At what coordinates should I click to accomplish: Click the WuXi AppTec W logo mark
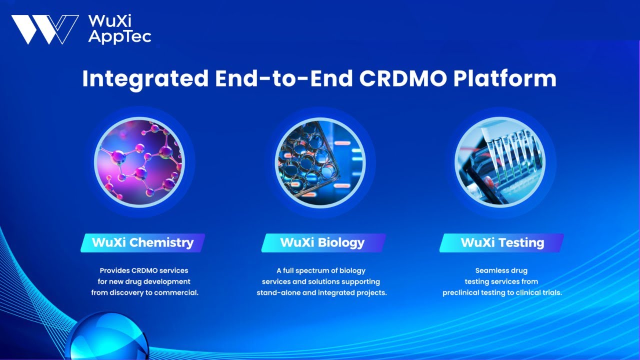(x=44, y=29)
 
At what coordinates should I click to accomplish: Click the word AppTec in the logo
(x=119, y=37)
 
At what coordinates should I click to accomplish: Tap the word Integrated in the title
(x=145, y=79)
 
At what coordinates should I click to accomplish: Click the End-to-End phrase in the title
(x=279, y=79)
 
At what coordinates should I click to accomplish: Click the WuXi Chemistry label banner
(x=142, y=243)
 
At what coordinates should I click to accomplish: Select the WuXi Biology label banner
(x=322, y=243)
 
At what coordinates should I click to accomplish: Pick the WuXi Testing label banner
(x=502, y=243)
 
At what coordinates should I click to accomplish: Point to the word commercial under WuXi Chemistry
(x=177, y=293)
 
